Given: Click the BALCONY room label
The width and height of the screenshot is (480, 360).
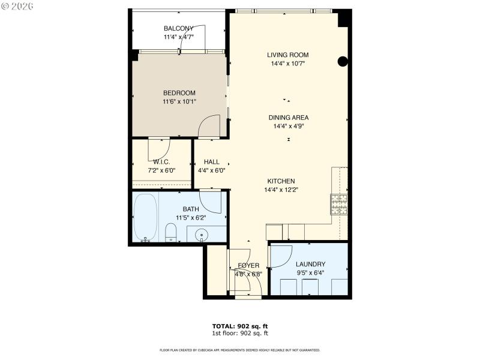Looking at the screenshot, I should (179, 28).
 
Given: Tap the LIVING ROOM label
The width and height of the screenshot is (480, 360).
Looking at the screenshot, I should (288, 55).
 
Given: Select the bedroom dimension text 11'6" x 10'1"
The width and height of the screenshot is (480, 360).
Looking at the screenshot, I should (179, 101).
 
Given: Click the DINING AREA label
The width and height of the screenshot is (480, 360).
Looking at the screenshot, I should (288, 118).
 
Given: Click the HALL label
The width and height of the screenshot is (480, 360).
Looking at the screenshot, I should (211, 162).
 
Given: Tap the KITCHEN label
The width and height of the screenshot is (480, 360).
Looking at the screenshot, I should (281, 181).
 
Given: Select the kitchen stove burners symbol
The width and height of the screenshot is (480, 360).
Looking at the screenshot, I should (339, 205).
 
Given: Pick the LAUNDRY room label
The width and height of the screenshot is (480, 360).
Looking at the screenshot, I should (310, 264).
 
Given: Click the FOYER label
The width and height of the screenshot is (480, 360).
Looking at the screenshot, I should (248, 265).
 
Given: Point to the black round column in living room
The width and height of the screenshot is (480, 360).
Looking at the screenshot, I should (343, 61).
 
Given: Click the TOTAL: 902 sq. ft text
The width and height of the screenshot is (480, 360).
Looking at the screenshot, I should (239, 326).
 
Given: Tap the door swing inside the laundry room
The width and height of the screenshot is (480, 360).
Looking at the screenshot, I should (281, 255).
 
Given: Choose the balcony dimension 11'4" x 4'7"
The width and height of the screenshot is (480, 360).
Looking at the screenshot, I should (179, 37).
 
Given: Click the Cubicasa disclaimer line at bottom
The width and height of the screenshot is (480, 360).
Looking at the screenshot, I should (239, 350).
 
